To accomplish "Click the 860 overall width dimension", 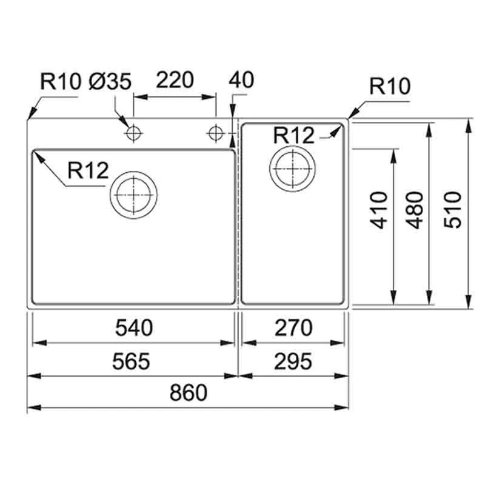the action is [189, 392].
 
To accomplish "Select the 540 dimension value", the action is [134, 327].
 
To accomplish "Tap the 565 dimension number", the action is [131, 361].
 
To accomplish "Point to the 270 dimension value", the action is [293, 327].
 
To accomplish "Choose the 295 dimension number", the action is [293, 361].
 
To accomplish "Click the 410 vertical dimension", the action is [379, 210].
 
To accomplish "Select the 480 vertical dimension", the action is [415, 210].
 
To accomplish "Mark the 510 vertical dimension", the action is [452, 210].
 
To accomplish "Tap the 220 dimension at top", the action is [175, 80].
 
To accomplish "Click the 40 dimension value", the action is [241, 80].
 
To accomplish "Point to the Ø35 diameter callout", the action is [110, 82].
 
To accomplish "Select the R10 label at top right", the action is [390, 86].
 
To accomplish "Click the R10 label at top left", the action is [61, 82].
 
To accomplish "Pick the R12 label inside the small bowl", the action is [294, 135].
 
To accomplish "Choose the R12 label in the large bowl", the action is [88, 170].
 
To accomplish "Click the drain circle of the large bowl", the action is [133, 195].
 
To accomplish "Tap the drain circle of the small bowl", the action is [293, 169].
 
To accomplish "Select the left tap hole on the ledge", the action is [133, 133].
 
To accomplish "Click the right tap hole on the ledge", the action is [216, 133].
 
